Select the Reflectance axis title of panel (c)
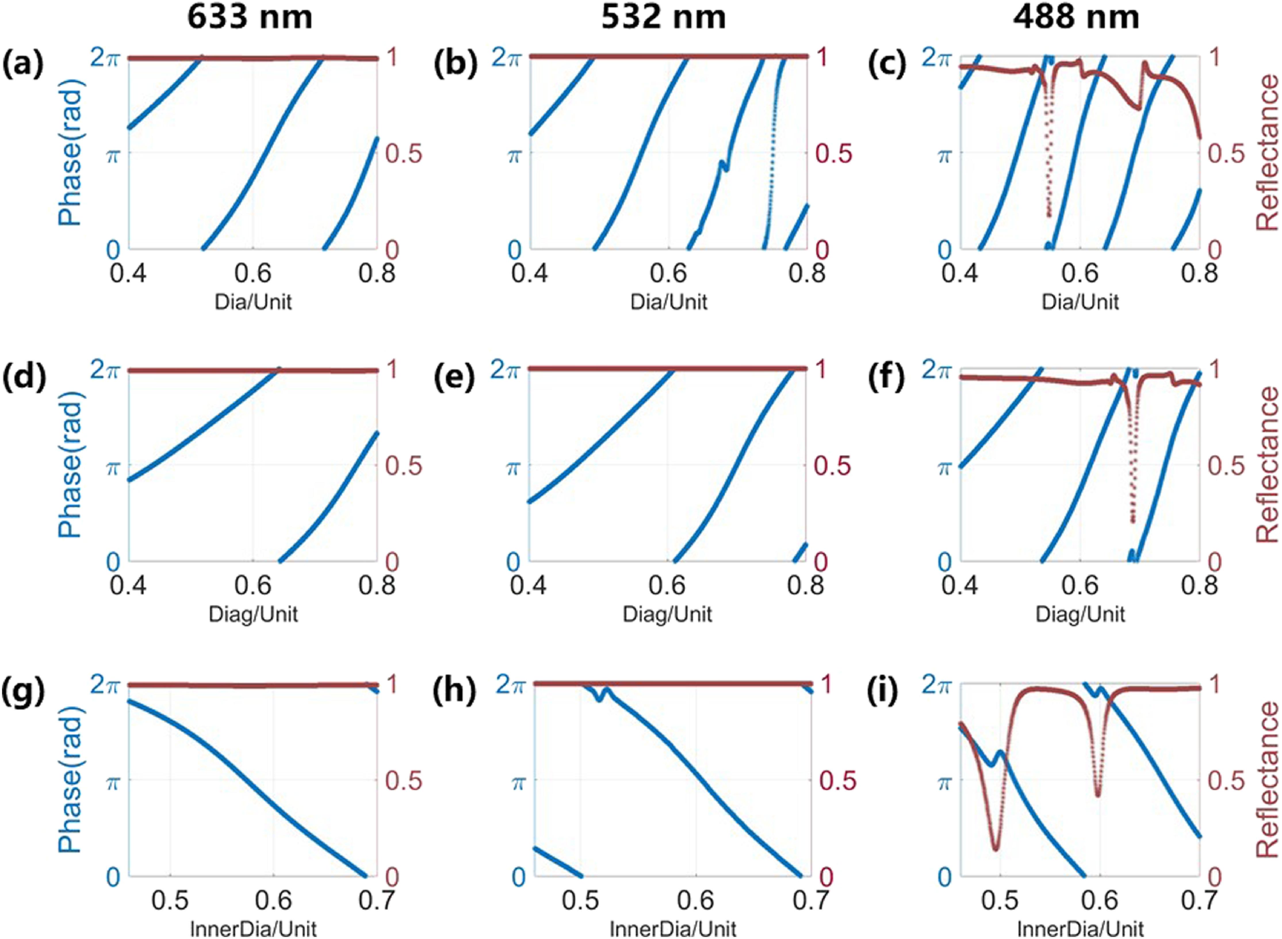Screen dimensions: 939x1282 [1266, 152]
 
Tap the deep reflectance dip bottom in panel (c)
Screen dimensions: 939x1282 [1048, 215]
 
